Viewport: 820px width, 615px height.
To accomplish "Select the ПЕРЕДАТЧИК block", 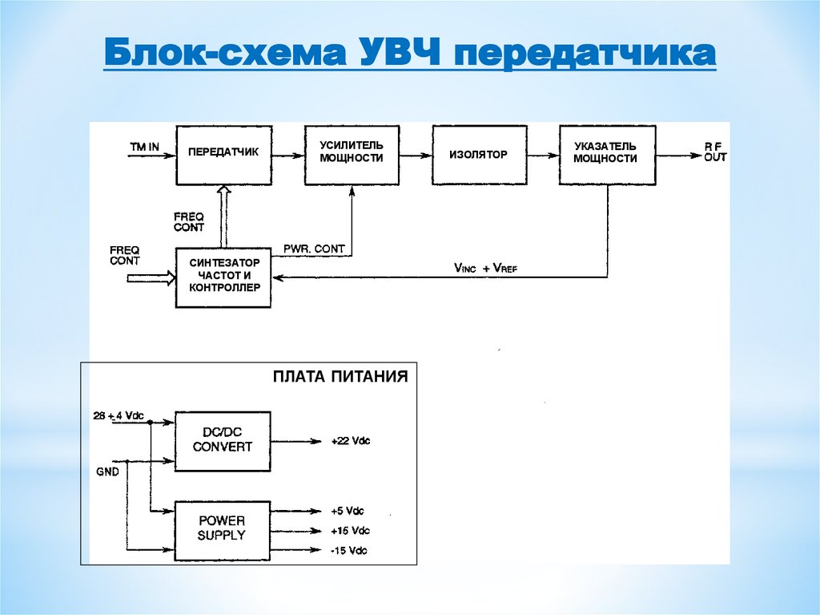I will [x=223, y=153].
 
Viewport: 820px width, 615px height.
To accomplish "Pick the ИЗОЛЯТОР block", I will [x=479, y=154].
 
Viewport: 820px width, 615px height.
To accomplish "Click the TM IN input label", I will [x=144, y=148].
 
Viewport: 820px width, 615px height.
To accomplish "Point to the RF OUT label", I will [x=715, y=152].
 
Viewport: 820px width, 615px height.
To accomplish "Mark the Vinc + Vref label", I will [x=485, y=268].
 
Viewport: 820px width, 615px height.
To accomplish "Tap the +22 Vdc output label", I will [x=351, y=441].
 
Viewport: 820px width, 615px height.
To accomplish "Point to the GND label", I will [x=107, y=472].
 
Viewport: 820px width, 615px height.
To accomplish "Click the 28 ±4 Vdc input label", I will [x=119, y=415].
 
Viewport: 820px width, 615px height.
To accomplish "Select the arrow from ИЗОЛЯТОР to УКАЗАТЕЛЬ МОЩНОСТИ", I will [x=543, y=155].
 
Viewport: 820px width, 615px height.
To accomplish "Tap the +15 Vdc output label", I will [x=350, y=531].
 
